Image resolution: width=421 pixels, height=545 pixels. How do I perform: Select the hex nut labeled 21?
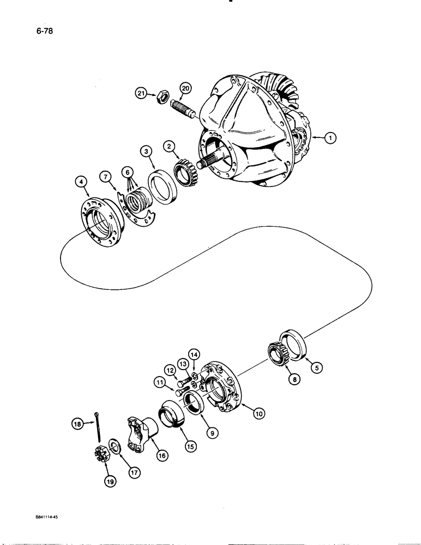point(161,97)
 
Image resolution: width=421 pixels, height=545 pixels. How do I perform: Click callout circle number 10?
point(258,414)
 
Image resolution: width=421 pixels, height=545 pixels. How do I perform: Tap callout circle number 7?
point(105,177)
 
